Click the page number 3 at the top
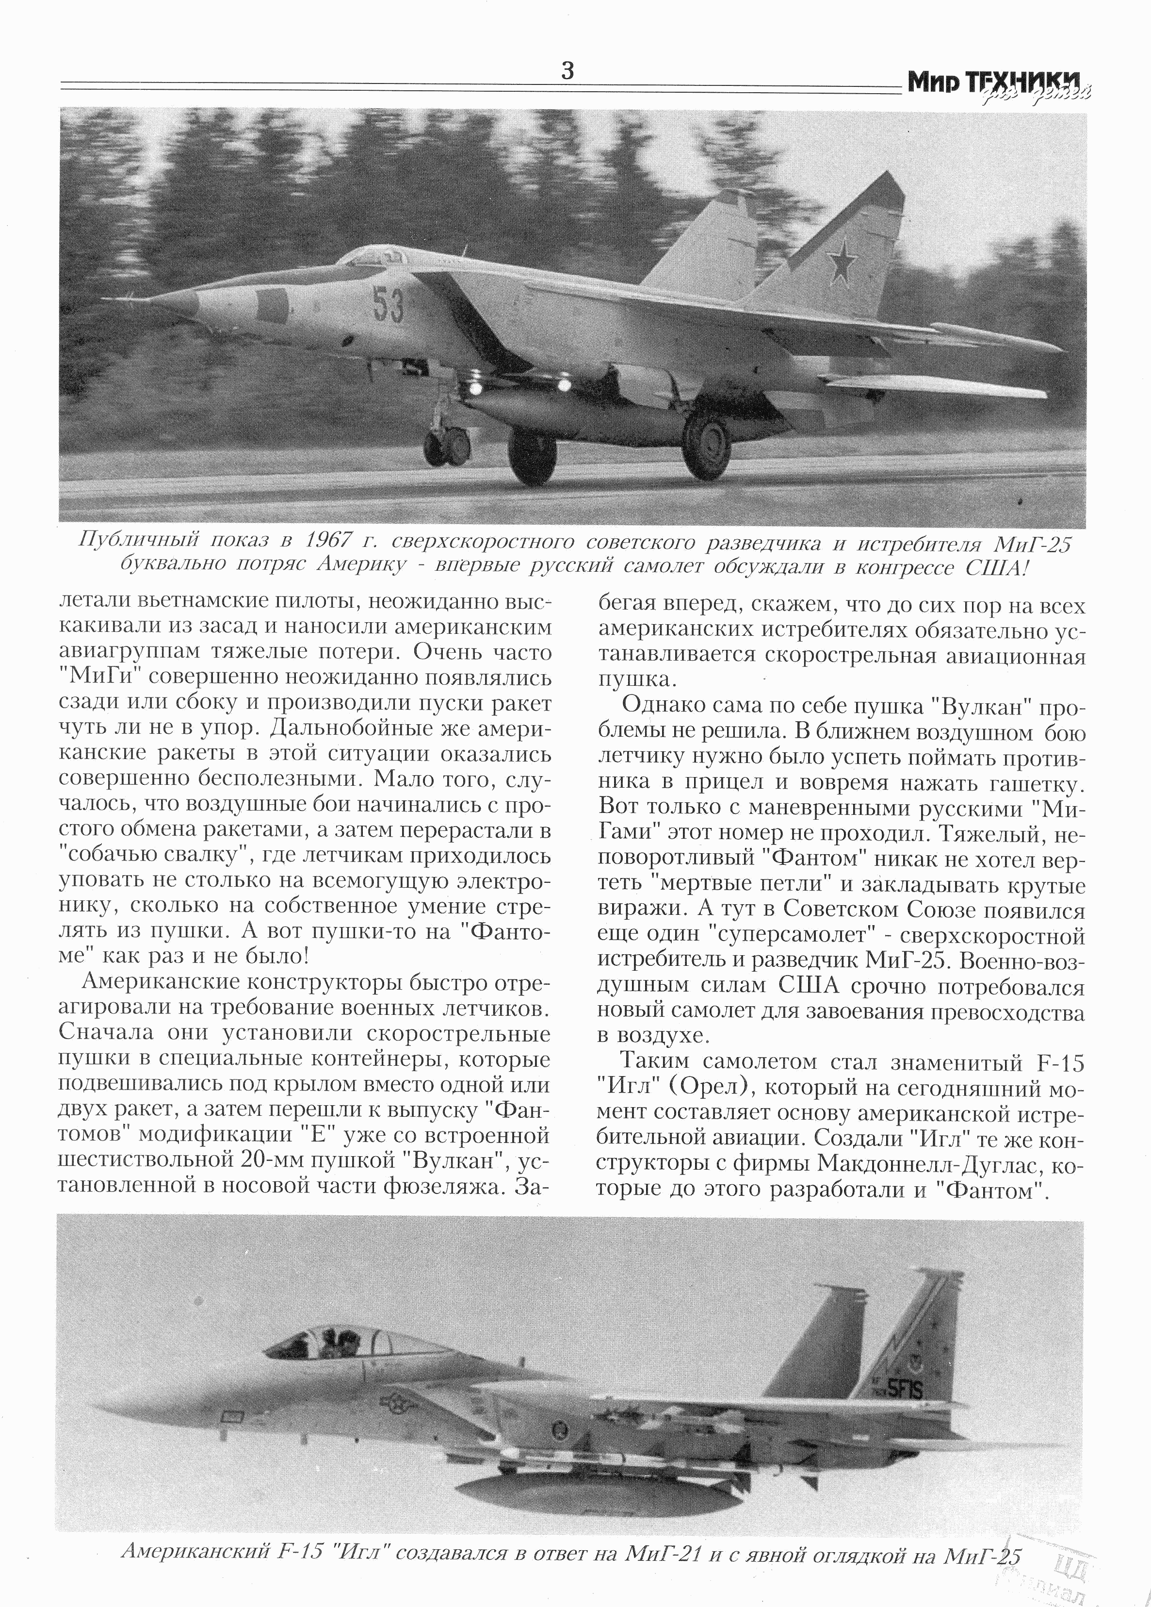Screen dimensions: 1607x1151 click(x=567, y=71)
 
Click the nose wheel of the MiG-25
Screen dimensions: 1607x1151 click(x=446, y=447)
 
